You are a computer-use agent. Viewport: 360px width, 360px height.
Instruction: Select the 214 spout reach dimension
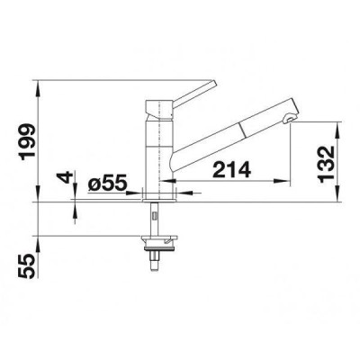click(x=231, y=169)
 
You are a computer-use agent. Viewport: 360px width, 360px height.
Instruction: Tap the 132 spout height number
click(x=326, y=164)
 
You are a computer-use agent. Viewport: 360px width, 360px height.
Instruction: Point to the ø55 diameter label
click(x=106, y=184)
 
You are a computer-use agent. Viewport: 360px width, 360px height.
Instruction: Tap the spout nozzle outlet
click(x=288, y=119)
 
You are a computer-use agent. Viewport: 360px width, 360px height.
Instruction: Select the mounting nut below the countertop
click(x=159, y=243)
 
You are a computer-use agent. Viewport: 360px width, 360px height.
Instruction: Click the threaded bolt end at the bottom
click(x=154, y=262)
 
